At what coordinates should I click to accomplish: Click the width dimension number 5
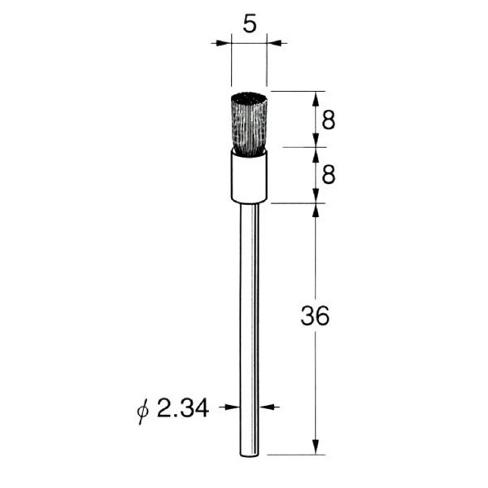[x=250, y=24]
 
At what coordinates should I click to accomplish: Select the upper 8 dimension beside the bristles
[x=329, y=120]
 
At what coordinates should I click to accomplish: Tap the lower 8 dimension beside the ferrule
[x=329, y=174]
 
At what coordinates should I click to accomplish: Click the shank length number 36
[x=315, y=316]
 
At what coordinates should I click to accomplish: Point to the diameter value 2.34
[x=183, y=408]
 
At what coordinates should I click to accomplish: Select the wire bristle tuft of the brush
[x=249, y=124]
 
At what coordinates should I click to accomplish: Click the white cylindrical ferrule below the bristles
[x=249, y=176]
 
